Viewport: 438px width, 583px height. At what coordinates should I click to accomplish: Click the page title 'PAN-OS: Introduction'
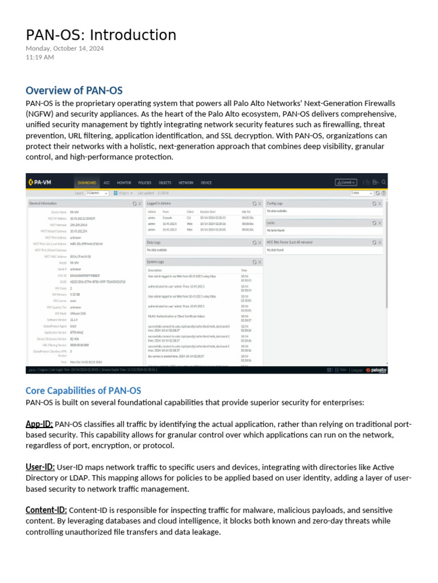101,35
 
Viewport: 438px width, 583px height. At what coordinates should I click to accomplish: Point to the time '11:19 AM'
40,58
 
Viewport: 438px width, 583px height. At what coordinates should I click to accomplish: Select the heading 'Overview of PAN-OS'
74,91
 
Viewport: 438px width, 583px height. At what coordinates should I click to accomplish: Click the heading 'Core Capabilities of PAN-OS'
83,391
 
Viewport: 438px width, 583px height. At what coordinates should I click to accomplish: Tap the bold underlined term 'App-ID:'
39,424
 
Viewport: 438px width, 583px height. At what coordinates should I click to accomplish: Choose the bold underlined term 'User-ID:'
40,467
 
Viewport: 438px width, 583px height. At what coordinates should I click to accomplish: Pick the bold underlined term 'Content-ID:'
46,510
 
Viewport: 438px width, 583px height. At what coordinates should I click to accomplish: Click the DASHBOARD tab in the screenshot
87,183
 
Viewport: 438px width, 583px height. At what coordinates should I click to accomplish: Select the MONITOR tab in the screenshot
124,183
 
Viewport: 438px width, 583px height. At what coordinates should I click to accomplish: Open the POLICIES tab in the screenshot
145,183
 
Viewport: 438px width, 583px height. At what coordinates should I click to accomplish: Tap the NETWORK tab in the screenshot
186,183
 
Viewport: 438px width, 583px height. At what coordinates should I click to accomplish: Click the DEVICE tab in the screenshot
206,183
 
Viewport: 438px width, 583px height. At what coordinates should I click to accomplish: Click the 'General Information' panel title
43,203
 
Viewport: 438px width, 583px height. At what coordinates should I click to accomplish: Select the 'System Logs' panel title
156,262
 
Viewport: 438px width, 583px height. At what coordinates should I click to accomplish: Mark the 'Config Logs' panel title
275,203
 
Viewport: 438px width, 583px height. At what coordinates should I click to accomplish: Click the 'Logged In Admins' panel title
159,203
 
